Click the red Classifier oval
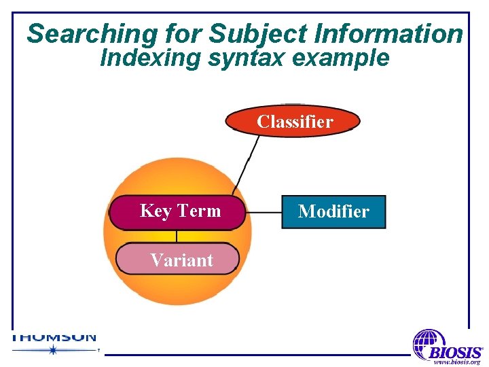(x=293, y=122)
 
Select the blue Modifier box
(x=333, y=211)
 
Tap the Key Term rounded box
(x=177, y=211)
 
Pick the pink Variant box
(x=178, y=260)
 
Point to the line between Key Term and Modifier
(x=264, y=212)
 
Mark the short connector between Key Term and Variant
(x=177, y=237)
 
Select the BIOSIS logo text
(x=456, y=353)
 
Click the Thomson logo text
(x=54, y=337)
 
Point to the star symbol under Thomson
(x=52, y=350)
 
